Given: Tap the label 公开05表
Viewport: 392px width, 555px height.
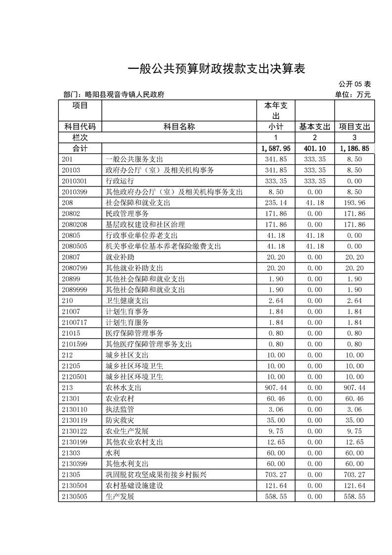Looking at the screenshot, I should click(x=354, y=85).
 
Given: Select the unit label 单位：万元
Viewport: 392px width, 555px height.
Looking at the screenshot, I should click(x=352, y=94).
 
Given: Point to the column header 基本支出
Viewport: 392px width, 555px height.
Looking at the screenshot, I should click(x=314, y=127).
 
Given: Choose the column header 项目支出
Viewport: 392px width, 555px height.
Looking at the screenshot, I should click(x=354, y=127).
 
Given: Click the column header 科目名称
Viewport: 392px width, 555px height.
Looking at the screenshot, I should click(x=179, y=127).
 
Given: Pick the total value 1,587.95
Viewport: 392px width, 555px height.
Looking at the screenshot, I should click(x=276, y=148).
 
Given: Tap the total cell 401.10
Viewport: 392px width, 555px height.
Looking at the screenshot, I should click(x=314, y=148).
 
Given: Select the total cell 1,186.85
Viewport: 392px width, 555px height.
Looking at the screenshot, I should click(x=354, y=148).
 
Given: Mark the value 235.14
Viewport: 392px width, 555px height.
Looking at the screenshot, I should click(x=276, y=203).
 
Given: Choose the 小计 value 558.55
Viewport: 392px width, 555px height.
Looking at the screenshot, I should click(x=276, y=497).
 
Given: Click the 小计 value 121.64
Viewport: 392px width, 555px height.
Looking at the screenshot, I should click(x=276, y=486).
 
